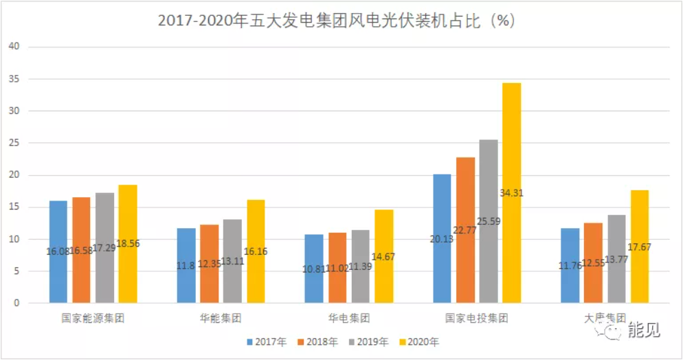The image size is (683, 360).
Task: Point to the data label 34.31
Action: tap(512, 193)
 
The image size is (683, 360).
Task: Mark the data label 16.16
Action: tap(256, 251)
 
